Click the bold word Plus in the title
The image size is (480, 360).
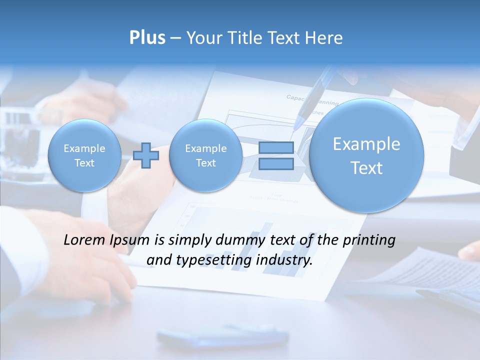[147, 38]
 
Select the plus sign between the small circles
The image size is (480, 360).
[146, 155]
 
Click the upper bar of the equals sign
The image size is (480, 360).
[275, 147]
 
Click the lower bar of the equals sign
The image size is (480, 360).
[275, 164]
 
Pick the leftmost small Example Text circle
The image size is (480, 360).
[84, 155]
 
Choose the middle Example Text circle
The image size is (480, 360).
[205, 155]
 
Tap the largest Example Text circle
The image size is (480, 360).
[366, 155]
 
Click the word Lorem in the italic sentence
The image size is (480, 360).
[84, 240]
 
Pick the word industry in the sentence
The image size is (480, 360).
[284, 260]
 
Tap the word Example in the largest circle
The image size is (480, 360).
[366, 144]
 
